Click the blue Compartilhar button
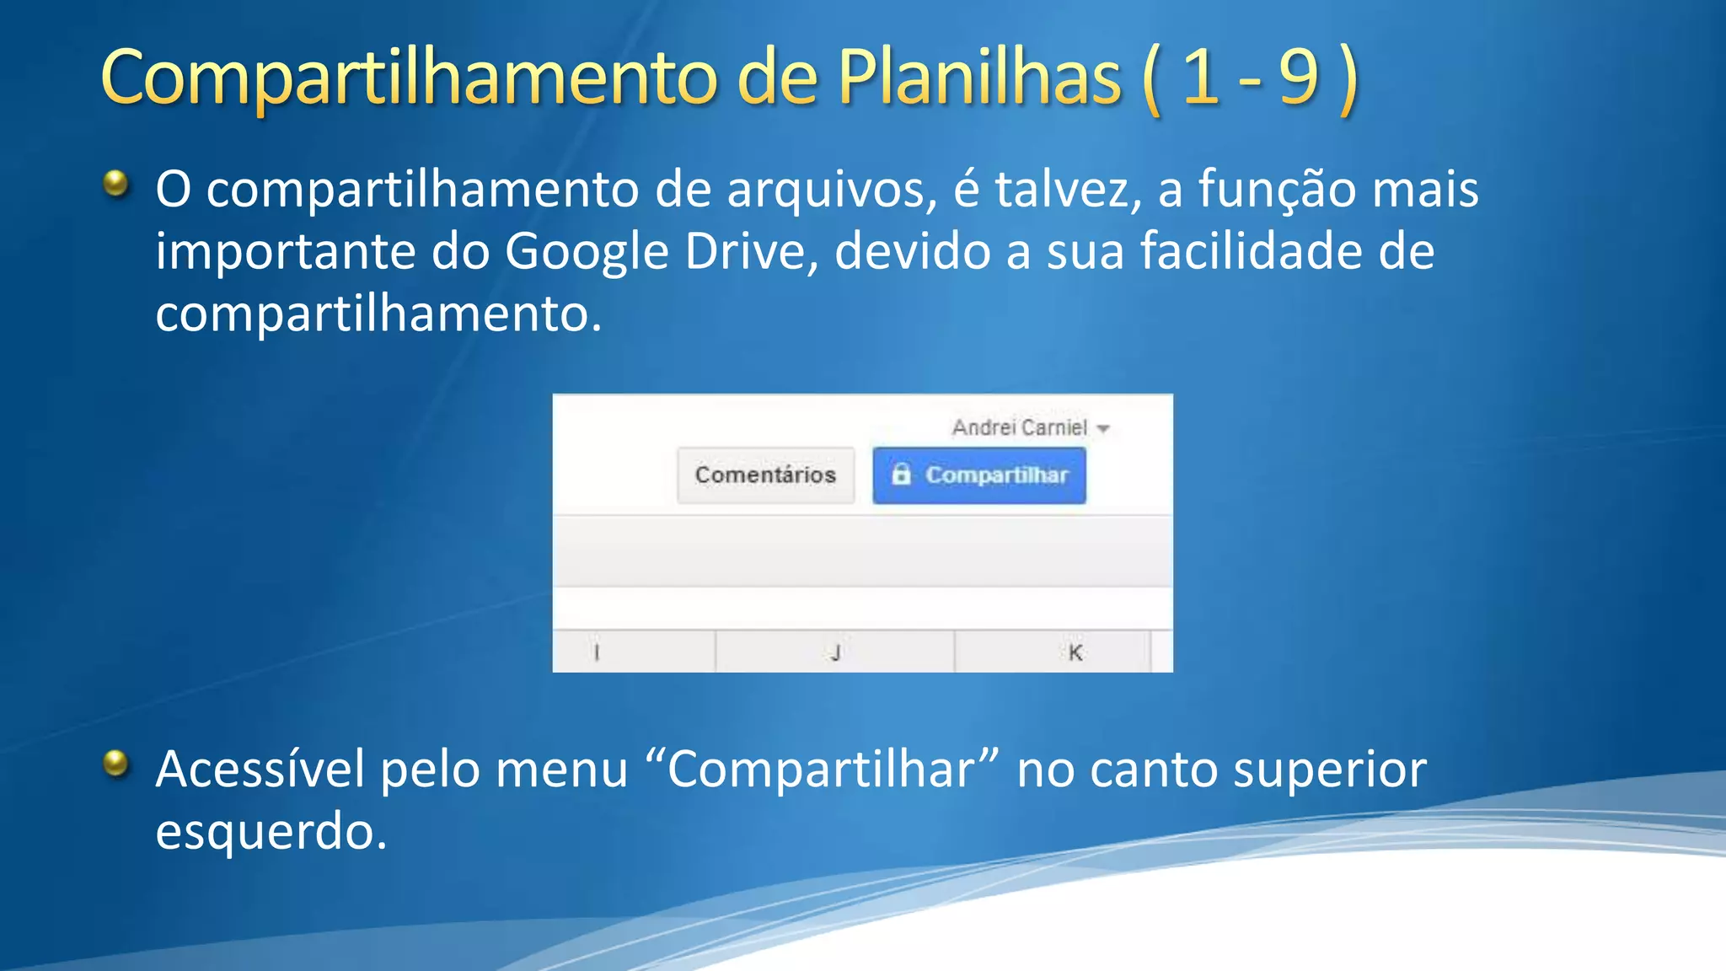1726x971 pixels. (x=979, y=475)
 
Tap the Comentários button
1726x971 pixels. (x=765, y=475)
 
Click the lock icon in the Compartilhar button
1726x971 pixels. (x=901, y=475)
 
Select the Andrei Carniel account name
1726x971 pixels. (x=1020, y=428)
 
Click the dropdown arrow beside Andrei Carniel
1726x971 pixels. (x=1103, y=429)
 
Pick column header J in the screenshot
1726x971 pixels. (x=835, y=652)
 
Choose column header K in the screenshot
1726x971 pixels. (x=1075, y=652)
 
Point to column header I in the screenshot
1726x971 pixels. (x=597, y=652)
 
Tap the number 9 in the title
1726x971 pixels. (x=1298, y=78)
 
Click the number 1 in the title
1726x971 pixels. (x=1200, y=78)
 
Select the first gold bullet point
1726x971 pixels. (x=116, y=183)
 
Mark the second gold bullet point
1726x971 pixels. (x=116, y=764)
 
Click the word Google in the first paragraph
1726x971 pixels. (x=587, y=252)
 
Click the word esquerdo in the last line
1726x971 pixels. (x=271, y=832)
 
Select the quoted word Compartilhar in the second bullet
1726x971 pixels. (x=822, y=770)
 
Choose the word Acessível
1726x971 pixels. (x=260, y=770)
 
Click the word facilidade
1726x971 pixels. (x=1251, y=252)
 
